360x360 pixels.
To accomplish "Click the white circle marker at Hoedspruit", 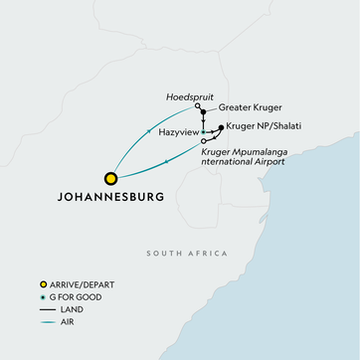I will pyautogui.click(x=197, y=105).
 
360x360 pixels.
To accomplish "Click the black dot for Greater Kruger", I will pyautogui.click(x=203, y=112).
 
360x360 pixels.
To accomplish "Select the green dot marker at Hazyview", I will pyautogui.click(x=203, y=131).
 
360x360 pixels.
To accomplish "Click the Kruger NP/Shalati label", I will pyautogui.click(x=264, y=126).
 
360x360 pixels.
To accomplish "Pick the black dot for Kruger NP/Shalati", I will pyautogui.click(x=221, y=126).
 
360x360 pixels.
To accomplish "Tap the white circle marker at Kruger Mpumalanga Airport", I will pyautogui.click(x=203, y=141).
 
